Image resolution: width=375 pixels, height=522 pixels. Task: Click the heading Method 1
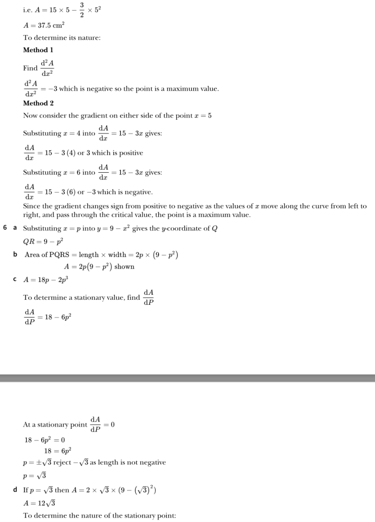pos(38,50)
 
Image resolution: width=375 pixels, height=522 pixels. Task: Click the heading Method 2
pos(38,103)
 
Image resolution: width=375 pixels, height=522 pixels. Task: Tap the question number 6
pos(5,227)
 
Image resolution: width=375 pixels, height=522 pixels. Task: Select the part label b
pos(15,254)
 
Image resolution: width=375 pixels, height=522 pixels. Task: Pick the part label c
pos(15,279)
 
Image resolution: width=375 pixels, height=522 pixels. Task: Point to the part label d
pos(15,490)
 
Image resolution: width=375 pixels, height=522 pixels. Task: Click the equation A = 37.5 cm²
pos(44,25)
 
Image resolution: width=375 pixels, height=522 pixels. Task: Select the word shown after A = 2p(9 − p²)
pos(124,267)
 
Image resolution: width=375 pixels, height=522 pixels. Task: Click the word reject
pos(62,462)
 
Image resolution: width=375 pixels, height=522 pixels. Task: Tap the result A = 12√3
pos(39,503)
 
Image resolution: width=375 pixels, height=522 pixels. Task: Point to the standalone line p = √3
pos(35,476)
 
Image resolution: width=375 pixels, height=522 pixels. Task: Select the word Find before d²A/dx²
pos(31,68)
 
